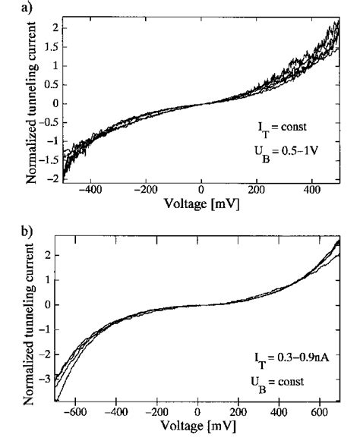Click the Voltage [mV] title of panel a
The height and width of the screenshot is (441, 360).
pos(201,206)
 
